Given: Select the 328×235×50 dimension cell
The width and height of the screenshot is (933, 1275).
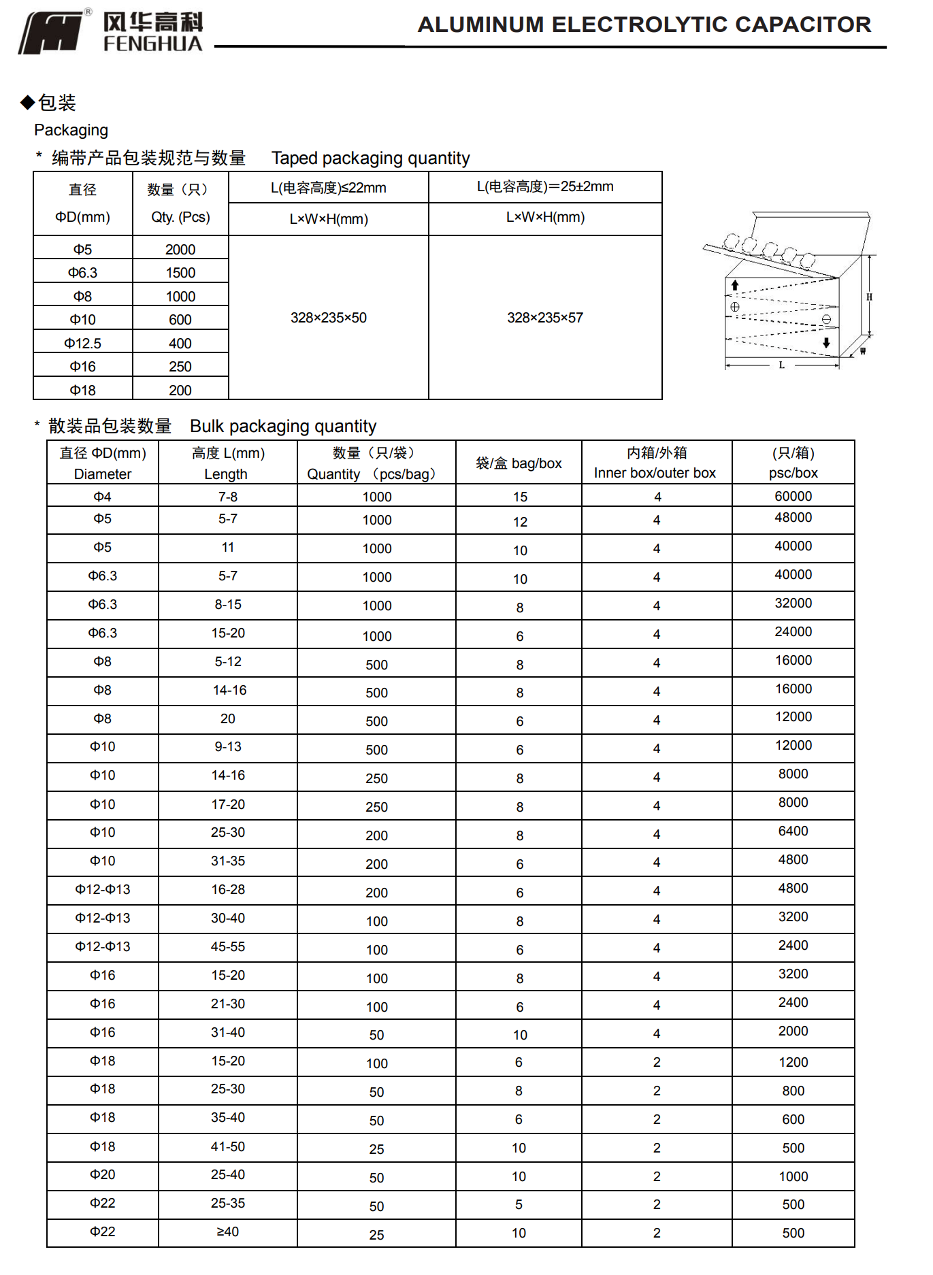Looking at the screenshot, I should pos(328,318).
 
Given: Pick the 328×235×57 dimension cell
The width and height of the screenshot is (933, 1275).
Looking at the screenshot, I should pos(544,318).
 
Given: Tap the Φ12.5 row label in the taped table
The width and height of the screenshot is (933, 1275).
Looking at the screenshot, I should pos(82,344).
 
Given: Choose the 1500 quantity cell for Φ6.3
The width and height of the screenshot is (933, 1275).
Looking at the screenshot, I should pos(180,273).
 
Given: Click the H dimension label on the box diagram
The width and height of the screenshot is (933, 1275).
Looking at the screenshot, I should pos(869,297).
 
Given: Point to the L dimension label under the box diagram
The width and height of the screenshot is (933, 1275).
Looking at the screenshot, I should pos(781,365).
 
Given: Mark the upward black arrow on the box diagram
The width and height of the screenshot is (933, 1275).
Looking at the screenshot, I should pos(735,285).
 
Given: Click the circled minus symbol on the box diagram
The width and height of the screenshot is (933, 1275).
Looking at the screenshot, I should pos(826,320).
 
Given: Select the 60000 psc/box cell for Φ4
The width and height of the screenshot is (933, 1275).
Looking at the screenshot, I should pos(793,496).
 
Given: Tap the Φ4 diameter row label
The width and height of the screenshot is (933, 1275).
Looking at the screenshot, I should pos(102,497).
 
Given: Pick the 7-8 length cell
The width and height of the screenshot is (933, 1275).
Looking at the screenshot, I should pos(227,497).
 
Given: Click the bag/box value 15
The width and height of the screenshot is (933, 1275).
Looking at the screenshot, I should pos(520,497).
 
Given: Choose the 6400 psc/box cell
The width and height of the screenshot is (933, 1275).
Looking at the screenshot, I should pos(793,831).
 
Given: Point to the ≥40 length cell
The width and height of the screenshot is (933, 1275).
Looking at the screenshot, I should pos(227,1231).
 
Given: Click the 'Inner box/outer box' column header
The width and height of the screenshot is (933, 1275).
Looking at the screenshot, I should pos(655,473).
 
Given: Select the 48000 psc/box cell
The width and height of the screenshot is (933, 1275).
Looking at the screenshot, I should pos(793,518).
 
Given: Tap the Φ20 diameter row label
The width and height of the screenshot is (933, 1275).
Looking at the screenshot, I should pos(102,1174).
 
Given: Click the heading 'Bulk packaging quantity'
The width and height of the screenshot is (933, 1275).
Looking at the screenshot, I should pos(283,427).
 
